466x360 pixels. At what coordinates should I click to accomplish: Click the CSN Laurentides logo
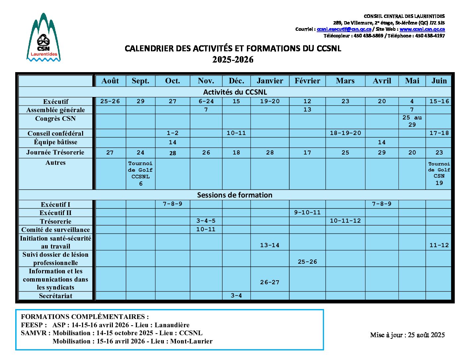point(43,38)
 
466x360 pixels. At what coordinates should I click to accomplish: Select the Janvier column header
point(270,81)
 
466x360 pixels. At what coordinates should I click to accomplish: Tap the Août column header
point(110,81)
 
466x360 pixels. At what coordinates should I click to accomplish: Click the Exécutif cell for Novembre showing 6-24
point(206,101)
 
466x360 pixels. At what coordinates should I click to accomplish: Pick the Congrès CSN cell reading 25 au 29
point(412,121)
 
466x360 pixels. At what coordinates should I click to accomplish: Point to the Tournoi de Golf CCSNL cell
point(141,173)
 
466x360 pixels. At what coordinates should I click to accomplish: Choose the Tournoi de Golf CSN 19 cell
point(439,173)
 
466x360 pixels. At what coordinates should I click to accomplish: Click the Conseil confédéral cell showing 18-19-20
point(345,133)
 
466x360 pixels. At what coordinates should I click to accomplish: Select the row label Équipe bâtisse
point(56,142)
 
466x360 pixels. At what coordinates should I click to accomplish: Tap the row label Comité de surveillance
point(56,230)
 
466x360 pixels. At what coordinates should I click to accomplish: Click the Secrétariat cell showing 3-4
point(236,295)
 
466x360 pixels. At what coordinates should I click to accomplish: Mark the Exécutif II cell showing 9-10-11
point(307,212)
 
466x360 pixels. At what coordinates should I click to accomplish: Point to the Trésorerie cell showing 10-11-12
point(345,221)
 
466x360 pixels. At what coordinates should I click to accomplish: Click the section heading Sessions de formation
point(235,195)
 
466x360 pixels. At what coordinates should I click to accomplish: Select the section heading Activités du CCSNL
point(235,92)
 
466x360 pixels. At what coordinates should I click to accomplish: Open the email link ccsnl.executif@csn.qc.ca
point(344,29)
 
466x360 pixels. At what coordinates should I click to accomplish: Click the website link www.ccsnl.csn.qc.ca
point(422,29)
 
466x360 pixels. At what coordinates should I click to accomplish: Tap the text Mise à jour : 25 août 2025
point(407,335)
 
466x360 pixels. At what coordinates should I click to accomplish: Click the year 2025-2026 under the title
point(233,60)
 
